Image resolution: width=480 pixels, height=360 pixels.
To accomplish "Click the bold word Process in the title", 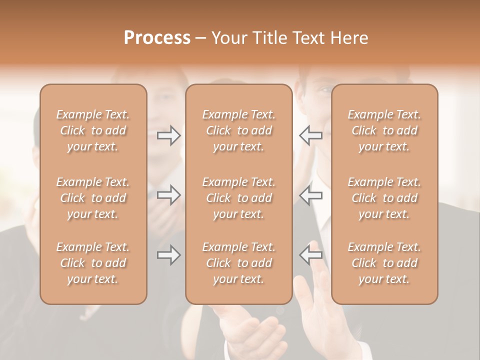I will pyautogui.click(x=157, y=38).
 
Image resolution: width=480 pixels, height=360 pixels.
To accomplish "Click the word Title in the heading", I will pyautogui.click(x=271, y=38).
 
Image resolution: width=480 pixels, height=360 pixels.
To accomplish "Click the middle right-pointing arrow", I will pyautogui.click(x=169, y=195).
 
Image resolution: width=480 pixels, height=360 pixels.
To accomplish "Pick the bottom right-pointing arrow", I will pyautogui.click(x=169, y=255).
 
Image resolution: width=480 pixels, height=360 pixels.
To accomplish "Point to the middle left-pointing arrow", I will pyautogui.click(x=310, y=195).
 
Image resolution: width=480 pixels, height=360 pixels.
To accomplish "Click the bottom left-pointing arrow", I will pyautogui.click(x=310, y=255).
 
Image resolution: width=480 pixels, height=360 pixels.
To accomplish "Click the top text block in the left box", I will pyautogui.click(x=93, y=130).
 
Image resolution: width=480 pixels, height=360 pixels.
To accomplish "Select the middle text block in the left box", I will pyautogui.click(x=93, y=198).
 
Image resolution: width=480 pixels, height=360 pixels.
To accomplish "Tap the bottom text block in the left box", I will pyautogui.click(x=93, y=263).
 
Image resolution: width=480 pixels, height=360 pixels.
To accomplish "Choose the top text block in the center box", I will pyautogui.click(x=238, y=130).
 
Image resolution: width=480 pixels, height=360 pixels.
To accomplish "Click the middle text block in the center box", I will pyautogui.click(x=238, y=198).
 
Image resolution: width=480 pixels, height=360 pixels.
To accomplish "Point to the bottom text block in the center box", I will pyautogui.click(x=238, y=263).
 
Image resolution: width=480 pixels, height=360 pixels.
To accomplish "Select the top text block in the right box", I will pyautogui.click(x=384, y=130).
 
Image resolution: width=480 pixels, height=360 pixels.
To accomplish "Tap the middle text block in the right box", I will pyautogui.click(x=384, y=198).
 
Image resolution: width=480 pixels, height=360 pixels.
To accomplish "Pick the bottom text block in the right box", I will pyautogui.click(x=384, y=263).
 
